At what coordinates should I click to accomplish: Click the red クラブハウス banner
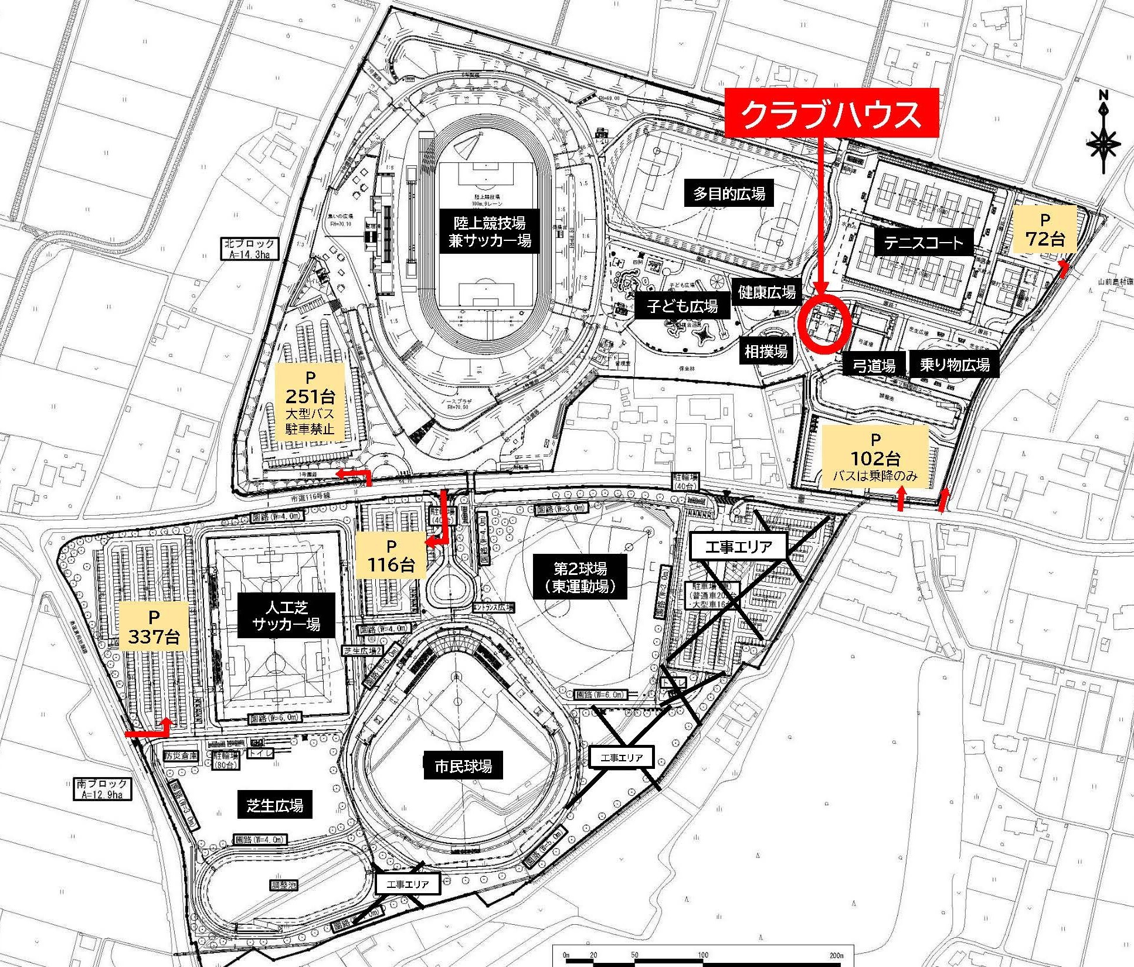click(831, 114)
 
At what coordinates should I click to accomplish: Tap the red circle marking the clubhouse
click(824, 325)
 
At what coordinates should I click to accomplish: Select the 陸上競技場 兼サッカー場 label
click(489, 231)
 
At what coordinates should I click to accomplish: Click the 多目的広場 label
click(729, 193)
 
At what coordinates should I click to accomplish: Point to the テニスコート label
click(924, 243)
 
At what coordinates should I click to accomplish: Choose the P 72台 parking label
click(1044, 229)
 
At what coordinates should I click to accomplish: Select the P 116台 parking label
click(391, 556)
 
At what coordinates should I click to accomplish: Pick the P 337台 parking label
click(154, 626)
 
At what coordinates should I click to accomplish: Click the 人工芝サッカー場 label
click(286, 615)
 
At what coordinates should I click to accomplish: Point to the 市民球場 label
click(463, 766)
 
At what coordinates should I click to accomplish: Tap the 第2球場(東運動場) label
click(580, 577)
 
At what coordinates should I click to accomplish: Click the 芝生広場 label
click(275, 805)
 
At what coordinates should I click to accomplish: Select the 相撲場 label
click(766, 351)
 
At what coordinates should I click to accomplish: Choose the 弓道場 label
click(874, 366)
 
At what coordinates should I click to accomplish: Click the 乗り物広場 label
click(954, 365)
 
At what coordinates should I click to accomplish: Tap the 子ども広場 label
click(683, 306)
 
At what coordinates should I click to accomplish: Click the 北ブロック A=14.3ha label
click(249, 248)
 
